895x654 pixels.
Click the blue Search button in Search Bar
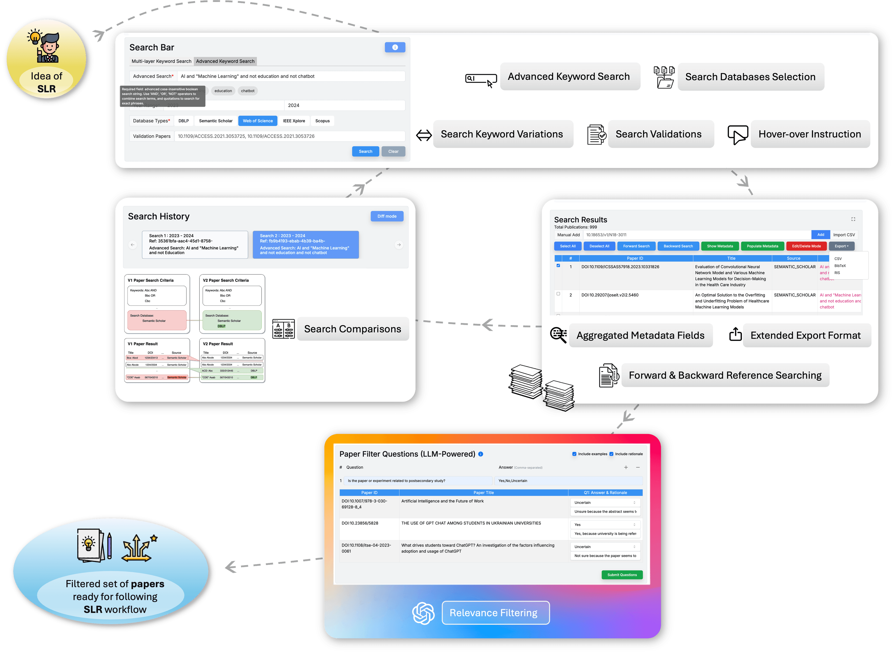(365, 151)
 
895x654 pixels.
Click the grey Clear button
(393, 151)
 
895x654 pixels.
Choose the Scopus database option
(322, 121)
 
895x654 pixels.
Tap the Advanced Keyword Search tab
(225, 61)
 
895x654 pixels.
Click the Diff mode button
(387, 216)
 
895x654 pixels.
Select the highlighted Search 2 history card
(306, 244)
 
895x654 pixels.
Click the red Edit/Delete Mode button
(806, 246)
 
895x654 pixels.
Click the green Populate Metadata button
(762, 246)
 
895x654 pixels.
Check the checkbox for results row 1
(558, 266)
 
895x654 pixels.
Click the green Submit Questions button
(622, 575)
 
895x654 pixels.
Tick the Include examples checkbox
(574, 454)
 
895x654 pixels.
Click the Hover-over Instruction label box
(809, 134)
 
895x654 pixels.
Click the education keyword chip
(223, 91)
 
